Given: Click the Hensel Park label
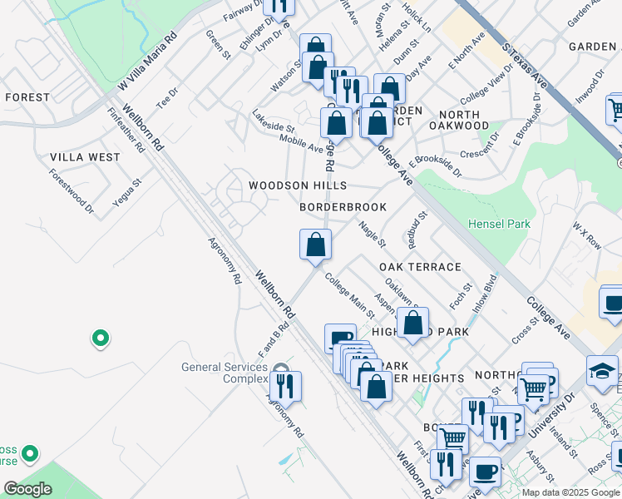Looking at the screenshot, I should (x=499, y=225).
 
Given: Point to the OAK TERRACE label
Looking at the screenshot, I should (x=420, y=267).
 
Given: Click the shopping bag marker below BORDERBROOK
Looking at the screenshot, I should (x=315, y=245).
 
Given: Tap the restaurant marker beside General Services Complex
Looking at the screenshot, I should (x=285, y=388).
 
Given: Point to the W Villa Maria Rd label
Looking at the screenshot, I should (x=149, y=62).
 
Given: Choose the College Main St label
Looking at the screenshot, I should (x=349, y=295).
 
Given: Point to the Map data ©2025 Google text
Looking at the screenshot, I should (x=570, y=492).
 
